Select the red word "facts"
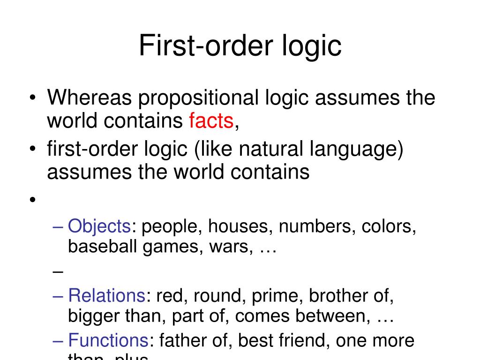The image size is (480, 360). (x=211, y=121)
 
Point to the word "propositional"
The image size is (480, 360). (x=197, y=98)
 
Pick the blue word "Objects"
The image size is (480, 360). (x=99, y=227)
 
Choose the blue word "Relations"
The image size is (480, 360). (x=107, y=296)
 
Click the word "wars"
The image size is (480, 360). (x=231, y=246)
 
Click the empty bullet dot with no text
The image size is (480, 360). (x=32, y=200)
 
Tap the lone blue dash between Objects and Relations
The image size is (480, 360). (x=58, y=271)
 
